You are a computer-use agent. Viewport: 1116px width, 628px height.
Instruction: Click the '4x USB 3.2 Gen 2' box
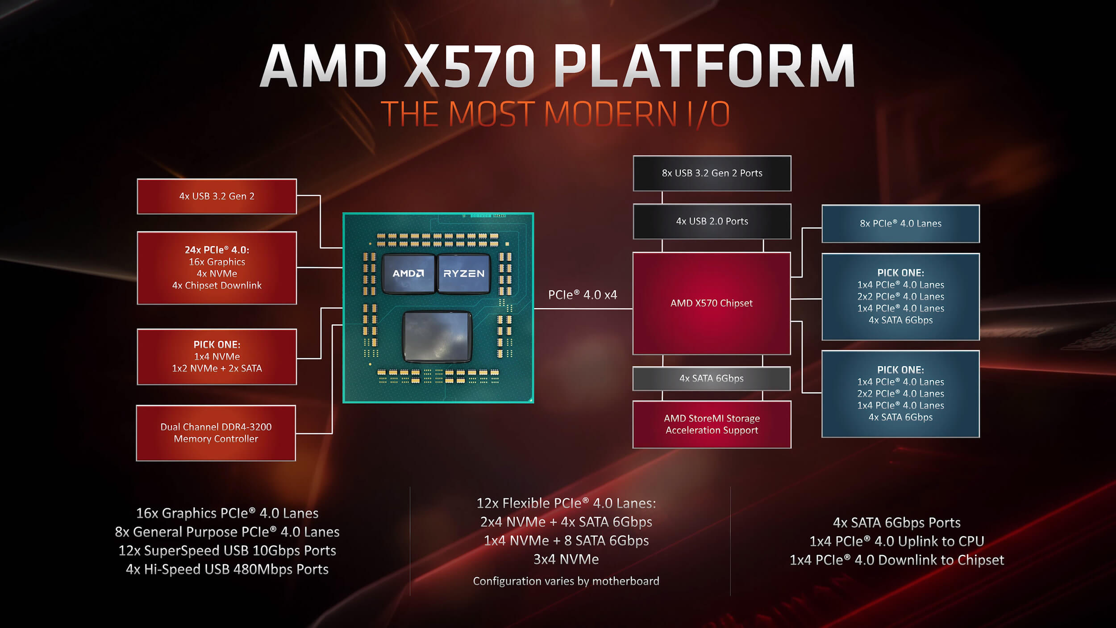click(x=217, y=197)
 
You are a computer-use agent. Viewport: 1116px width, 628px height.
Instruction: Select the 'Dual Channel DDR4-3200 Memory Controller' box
click(x=216, y=433)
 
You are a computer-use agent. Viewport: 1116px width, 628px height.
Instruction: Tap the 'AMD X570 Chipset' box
click(x=712, y=303)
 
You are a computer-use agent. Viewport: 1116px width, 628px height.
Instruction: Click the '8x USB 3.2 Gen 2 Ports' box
click(x=712, y=173)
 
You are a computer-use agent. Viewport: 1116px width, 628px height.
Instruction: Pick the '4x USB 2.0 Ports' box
click(x=712, y=222)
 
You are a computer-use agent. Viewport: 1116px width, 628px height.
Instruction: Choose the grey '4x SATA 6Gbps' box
click(x=712, y=378)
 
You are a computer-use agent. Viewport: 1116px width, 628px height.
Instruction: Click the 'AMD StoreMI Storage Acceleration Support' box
click(x=712, y=424)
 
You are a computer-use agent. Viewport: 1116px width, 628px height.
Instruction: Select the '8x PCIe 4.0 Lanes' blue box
click(x=901, y=224)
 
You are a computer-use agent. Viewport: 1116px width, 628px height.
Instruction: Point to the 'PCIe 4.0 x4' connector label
click(x=583, y=295)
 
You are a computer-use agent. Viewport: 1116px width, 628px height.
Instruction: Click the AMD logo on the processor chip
click(x=408, y=273)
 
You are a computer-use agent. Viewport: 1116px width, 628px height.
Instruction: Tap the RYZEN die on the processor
click(x=464, y=274)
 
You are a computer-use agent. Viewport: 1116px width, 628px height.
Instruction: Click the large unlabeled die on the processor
click(x=437, y=336)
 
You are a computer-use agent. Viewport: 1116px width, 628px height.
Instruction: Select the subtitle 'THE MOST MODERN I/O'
click(x=555, y=114)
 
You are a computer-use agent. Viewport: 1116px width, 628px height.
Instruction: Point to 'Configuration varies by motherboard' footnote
click(x=566, y=581)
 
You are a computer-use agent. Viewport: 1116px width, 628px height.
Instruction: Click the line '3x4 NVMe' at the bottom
click(x=566, y=559)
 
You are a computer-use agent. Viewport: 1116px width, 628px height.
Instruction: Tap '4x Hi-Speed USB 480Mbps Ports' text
click(x=227, y=569)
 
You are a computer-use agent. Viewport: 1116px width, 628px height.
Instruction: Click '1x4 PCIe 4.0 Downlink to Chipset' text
click(x=897, y=560)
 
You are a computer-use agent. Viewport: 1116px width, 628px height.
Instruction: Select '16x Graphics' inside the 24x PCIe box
click(x=217, y=262)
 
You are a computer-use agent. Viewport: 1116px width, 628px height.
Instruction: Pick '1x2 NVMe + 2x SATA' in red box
click(x=217, y=368)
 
